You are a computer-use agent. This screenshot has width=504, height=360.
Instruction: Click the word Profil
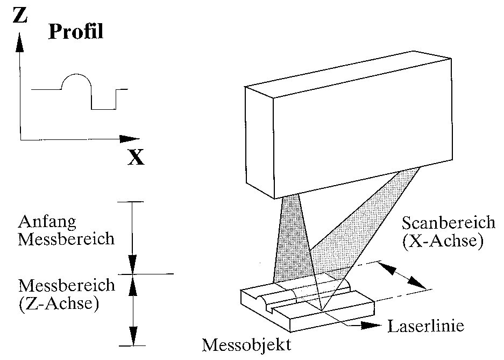76,33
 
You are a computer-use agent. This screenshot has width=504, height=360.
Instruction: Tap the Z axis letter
20,16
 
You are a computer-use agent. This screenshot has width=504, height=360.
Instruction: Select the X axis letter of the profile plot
136,157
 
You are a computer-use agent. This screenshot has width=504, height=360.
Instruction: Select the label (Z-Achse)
58,305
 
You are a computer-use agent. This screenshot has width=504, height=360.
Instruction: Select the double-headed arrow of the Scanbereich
401,275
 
